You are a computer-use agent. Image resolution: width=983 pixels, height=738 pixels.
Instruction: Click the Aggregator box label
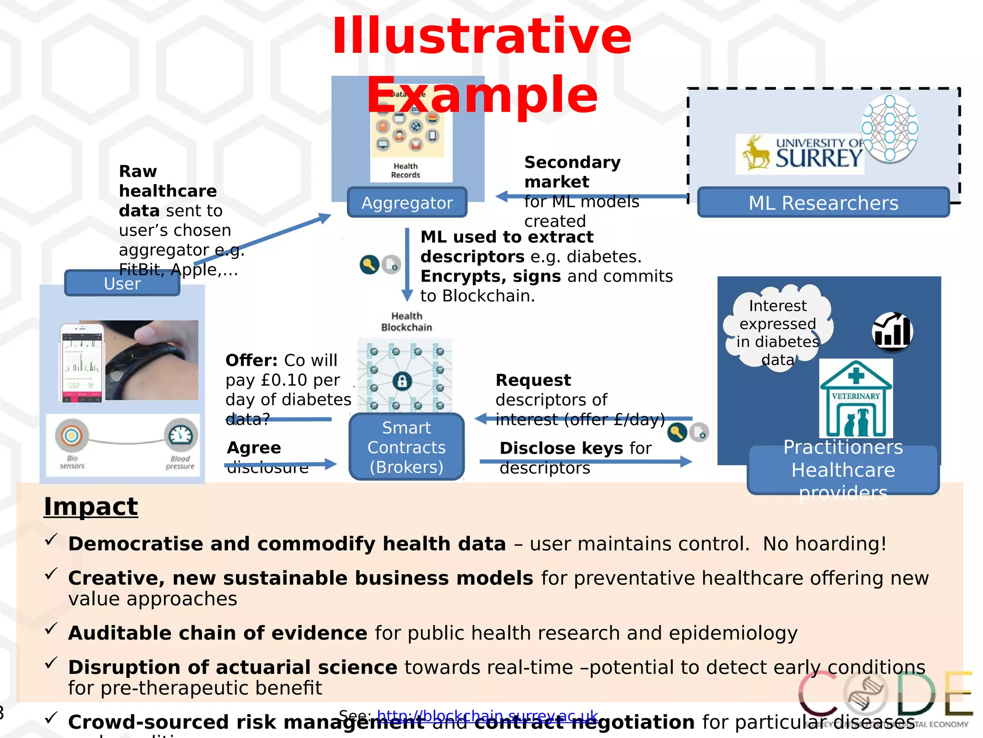click(x=407, y=203)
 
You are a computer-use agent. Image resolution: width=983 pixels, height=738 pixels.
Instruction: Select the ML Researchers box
click(x=823, y=203)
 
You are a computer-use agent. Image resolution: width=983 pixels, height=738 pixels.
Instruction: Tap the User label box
click(x=122, y=283)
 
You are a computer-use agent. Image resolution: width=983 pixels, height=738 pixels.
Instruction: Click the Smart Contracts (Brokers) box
click(x=407, y=447)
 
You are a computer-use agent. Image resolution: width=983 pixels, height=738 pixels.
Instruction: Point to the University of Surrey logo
click(x=800, y=154)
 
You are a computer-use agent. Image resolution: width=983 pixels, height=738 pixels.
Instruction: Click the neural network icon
click(x=890, y=128)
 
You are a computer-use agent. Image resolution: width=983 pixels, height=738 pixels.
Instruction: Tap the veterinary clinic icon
click(x=856, y=398)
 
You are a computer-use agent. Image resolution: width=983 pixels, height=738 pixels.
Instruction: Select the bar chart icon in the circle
click(x=892, y=332)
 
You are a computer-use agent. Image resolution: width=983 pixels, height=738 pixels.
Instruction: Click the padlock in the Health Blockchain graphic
click(x=402, y=381)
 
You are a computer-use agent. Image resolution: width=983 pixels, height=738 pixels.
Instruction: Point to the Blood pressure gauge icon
click(x=181, y=435)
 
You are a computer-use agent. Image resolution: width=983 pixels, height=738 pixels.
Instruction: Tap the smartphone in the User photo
click(x=82, y=363)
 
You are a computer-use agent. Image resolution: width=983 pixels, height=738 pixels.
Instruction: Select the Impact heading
click(x=91, y=506)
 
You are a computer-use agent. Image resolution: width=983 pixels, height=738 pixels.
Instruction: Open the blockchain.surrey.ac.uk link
click(x=487, y=716)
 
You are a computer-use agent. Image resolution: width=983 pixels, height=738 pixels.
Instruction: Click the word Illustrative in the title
click(x=481, y=37)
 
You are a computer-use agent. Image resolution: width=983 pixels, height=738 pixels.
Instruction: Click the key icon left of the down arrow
click(x=369, y=264)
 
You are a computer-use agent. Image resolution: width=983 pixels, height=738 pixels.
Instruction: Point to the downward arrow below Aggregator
click(x=407, y=264)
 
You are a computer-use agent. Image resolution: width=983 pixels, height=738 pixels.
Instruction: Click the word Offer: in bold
click(x=252, y=360)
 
